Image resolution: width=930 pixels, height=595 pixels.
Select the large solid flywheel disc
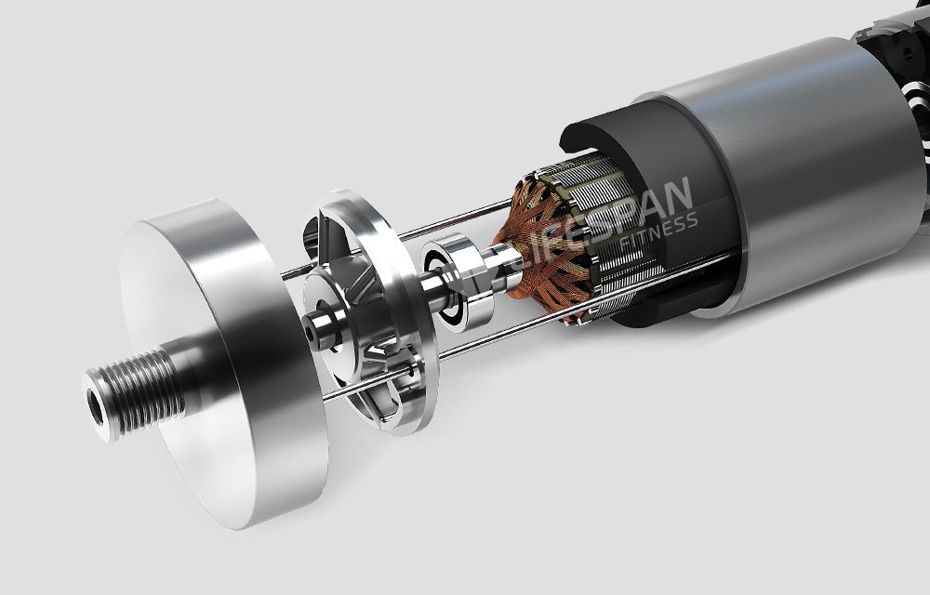point(224,363)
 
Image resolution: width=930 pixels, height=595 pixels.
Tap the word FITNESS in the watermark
point(658,233)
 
